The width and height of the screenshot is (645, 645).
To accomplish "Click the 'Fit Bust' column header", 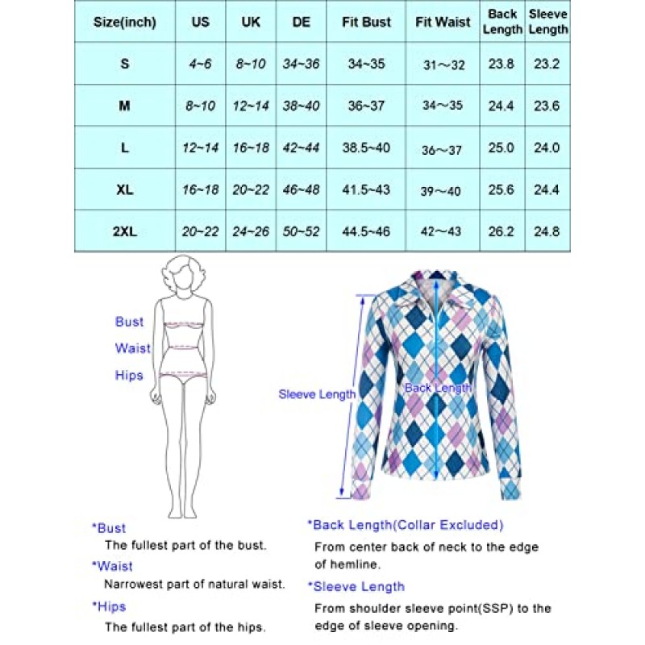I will [x=365, y=22].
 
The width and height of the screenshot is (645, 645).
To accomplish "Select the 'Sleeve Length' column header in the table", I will [x=548, y=22].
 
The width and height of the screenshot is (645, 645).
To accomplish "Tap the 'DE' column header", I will [x=302, y=22].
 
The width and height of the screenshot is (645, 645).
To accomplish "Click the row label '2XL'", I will [x=124, y=231].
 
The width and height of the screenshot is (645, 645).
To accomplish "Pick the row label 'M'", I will [x=124, y=106].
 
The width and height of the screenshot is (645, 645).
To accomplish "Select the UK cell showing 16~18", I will [x=251, y=148].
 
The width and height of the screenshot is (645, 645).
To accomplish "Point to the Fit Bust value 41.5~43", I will [x=365, y=189].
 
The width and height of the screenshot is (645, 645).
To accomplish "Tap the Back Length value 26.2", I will [x=502, y=231].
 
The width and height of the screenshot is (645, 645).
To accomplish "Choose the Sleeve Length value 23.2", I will [x=548, y=64].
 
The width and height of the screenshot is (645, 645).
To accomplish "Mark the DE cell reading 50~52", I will [x=302, y=231].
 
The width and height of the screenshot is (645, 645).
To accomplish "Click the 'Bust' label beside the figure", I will [x=129, y=322].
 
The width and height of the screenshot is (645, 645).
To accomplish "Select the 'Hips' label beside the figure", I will [x=128, y=375].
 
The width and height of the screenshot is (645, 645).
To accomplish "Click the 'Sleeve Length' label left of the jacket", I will [x=317, y=394].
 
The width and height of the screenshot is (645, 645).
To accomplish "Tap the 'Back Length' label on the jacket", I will [x=437, y=388].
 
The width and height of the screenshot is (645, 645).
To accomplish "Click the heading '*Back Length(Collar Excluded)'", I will [x=405, y=525].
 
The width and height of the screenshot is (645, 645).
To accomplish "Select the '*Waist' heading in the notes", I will [x=113, y=566].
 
